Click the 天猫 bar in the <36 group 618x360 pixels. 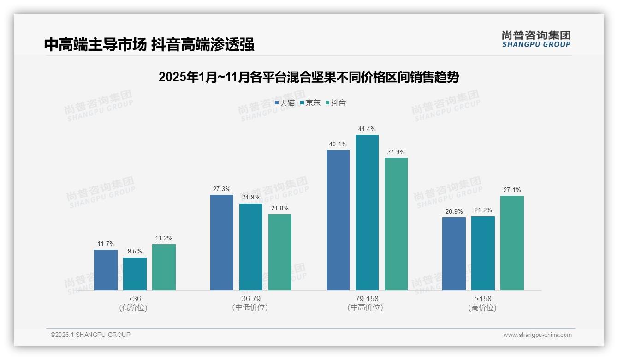tap(106, 270)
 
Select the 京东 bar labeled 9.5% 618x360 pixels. tap(135, 274)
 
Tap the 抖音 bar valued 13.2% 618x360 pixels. tap(164, 267)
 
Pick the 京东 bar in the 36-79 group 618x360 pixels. tap(251, 247)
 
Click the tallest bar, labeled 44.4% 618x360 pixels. tap(367, 212)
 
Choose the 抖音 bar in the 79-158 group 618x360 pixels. tap(396, 224)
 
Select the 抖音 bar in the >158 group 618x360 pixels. tap(512, 243)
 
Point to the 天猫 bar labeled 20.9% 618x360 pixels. tap(454, 254)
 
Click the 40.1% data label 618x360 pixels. tap(338, 144)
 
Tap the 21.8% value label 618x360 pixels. tap(280, 209)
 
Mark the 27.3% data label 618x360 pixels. tap(221, 189)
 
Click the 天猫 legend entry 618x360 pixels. tap(285, 102)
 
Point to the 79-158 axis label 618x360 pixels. tap(367, 299)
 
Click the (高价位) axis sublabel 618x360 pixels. tap(482, 307)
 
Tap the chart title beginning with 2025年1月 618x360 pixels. tap(309, 77)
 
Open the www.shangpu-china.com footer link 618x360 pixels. tap(537, 335)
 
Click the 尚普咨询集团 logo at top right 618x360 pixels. tap(536, 39)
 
